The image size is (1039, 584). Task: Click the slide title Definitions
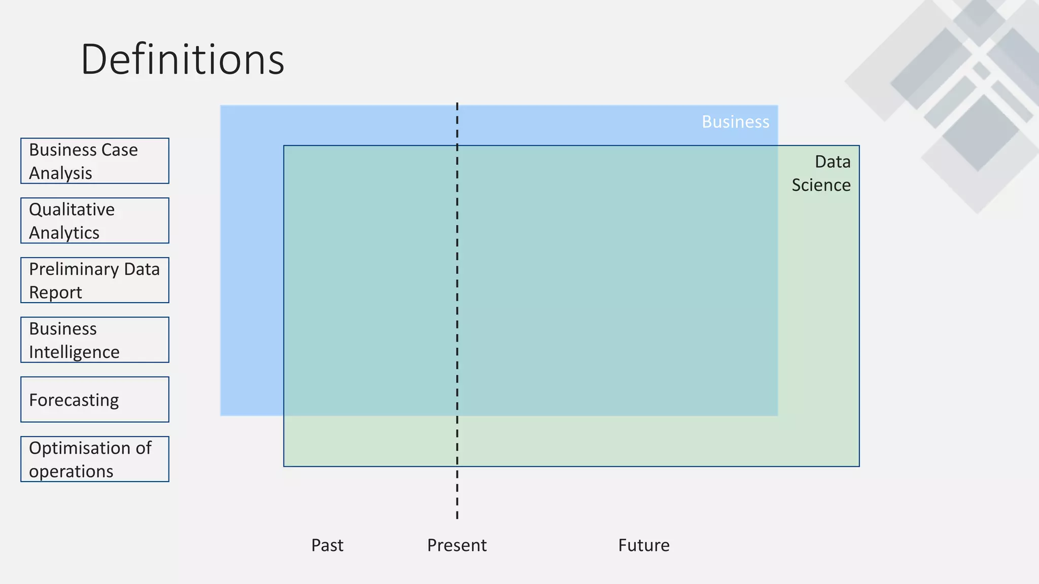click(183, 60)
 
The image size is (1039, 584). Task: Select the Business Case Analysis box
click(95, 161)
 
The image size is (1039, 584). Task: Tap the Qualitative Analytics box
click(95, 221)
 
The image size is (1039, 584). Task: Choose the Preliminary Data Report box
click(95, 280)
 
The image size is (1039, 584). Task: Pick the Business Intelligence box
click(95, 340)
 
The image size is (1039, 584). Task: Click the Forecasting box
click(95, 399)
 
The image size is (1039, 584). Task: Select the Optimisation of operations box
click(95, 459)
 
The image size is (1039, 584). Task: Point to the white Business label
click(735, 122)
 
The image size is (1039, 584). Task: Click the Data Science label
click(822, 173)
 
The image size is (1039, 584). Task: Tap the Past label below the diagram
click(327, 545)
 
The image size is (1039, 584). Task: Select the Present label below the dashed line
click(457, 545)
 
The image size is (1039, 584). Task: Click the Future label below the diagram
click(644, 545)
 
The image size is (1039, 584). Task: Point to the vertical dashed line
click(457, 304)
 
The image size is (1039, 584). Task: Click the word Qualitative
click(72, 209)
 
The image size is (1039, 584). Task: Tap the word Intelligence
click(74, 352)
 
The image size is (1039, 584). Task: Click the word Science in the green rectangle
click(821, 185)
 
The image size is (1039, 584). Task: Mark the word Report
click(55, 293)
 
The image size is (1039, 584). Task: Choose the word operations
click(71, 471)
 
